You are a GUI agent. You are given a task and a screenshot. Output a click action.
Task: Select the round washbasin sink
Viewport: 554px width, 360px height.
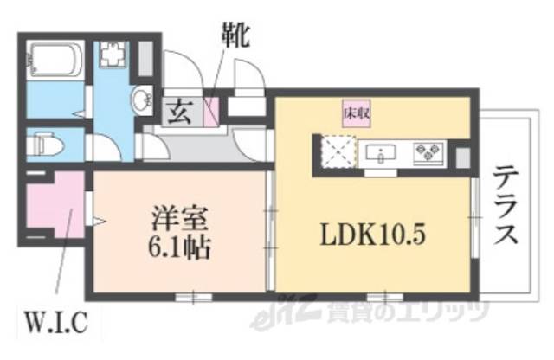pyautogui.click(x=141, y=100)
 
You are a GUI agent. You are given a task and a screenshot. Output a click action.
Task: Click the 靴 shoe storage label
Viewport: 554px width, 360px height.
pyautogui.click(x=235, y=37)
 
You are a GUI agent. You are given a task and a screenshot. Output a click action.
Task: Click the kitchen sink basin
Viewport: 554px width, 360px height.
pyautogui.click(x=381, y=154)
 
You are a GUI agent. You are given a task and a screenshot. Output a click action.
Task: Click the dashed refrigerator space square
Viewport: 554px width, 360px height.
pyautogui.click(x=333, y=155)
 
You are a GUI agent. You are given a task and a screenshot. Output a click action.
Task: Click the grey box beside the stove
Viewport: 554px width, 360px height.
pyautogui.click(x=461, y=156)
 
